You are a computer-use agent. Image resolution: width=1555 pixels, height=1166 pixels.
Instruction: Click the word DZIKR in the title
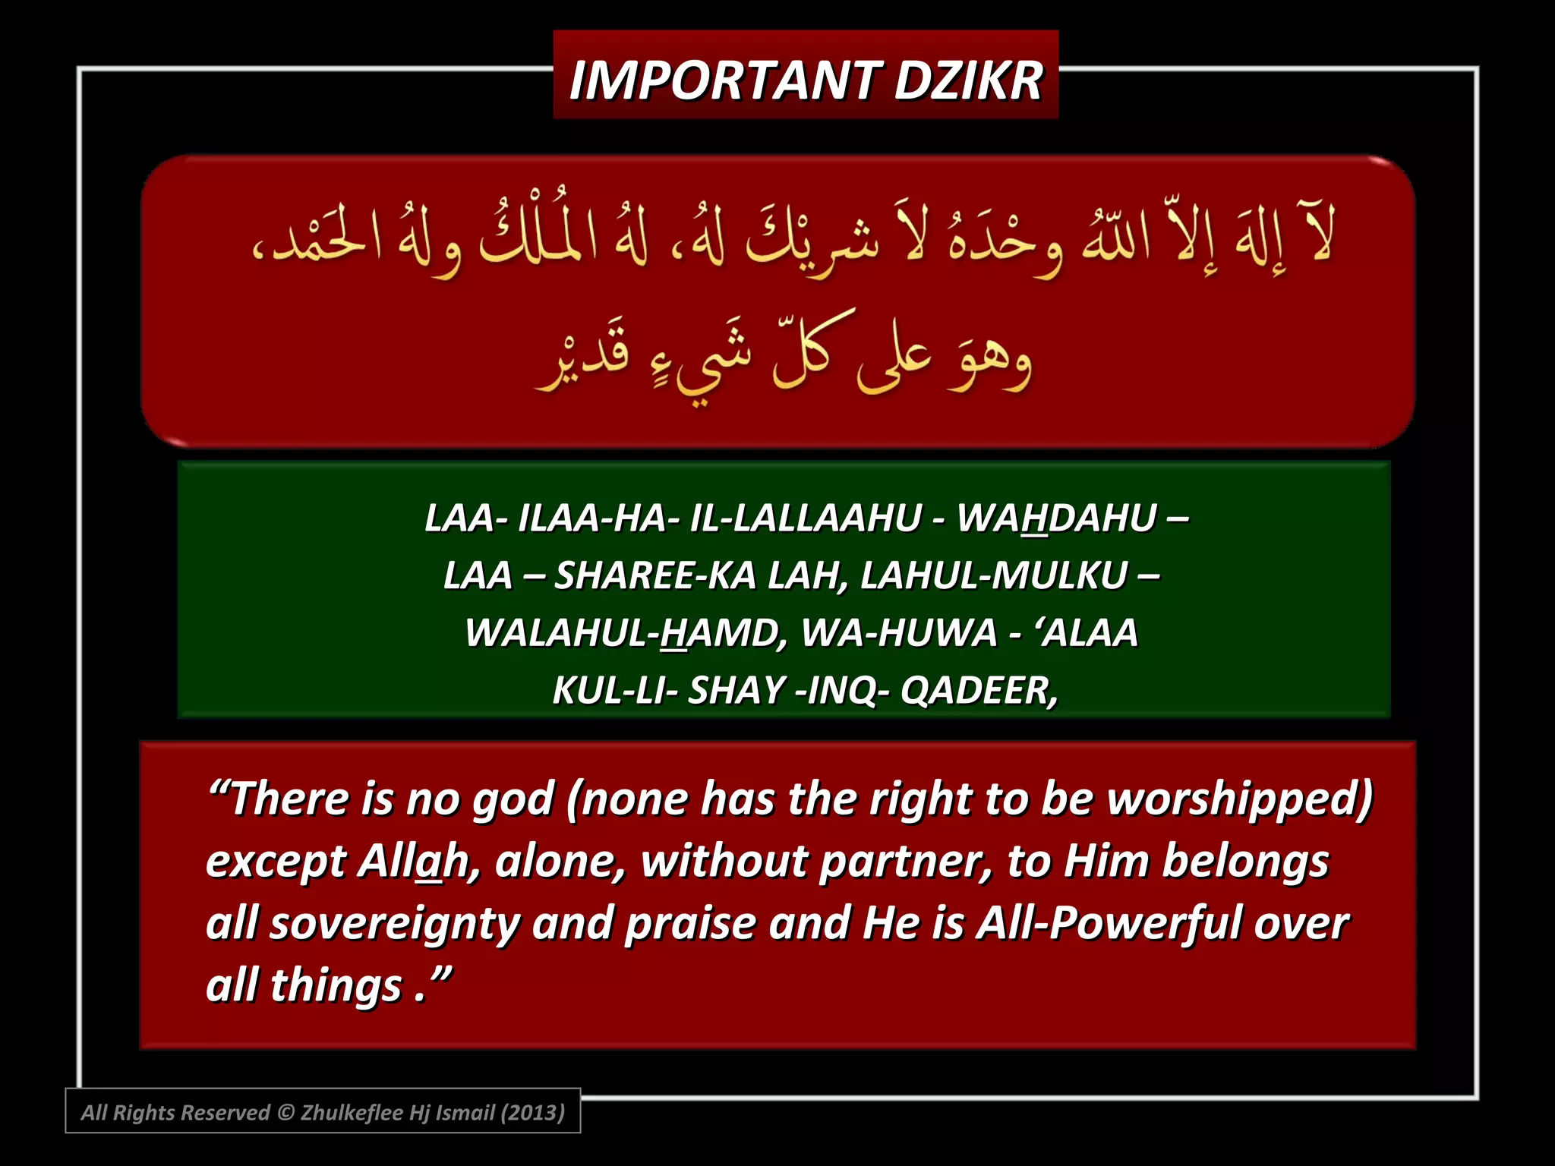pos(969,80)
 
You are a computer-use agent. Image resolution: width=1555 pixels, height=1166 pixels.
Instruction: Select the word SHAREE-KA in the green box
pos(655,575)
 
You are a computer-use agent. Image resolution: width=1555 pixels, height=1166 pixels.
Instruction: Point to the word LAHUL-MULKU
pos(994,575)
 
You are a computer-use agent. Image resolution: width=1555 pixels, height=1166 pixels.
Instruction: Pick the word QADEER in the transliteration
pos(978,691)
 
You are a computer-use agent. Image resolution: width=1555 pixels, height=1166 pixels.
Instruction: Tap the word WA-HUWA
pos(898,633)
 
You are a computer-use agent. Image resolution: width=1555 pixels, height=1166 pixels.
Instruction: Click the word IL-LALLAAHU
pos(806,518)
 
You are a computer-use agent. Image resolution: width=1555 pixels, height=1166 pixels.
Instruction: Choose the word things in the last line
pos(336,986)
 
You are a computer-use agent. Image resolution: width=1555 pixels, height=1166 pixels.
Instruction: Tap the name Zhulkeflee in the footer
pos(352,1113)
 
